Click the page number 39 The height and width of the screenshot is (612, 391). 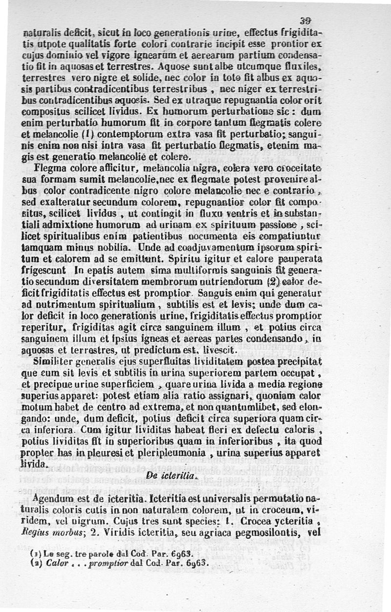click(x=307, y=20)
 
